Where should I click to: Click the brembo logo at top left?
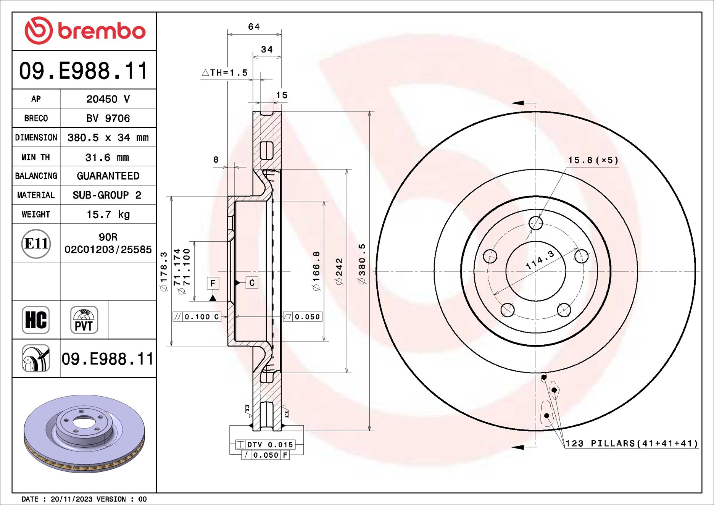[85, 31]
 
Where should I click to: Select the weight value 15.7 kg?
[108, 215]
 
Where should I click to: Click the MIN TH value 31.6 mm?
[107, 157]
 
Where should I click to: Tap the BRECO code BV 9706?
[108, 118]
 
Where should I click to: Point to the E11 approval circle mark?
[36, 244]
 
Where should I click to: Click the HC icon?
[36, 320]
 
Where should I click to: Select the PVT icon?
[84, 320]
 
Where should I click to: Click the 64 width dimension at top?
[254, 27]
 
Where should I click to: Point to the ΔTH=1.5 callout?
[225, 73]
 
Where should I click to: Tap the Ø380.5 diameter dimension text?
[362, 263]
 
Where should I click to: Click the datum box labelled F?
[213, 283]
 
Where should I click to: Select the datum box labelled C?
[251, 283]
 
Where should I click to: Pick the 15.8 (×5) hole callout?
[593, 160]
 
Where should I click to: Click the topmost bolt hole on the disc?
[536, 223]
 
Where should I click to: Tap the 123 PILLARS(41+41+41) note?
[631, 444]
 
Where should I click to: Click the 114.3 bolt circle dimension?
[539, 260]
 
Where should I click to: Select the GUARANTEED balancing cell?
[108, 176]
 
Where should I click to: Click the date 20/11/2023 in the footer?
[71, 499]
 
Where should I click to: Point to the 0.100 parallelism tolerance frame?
[197, 317]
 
